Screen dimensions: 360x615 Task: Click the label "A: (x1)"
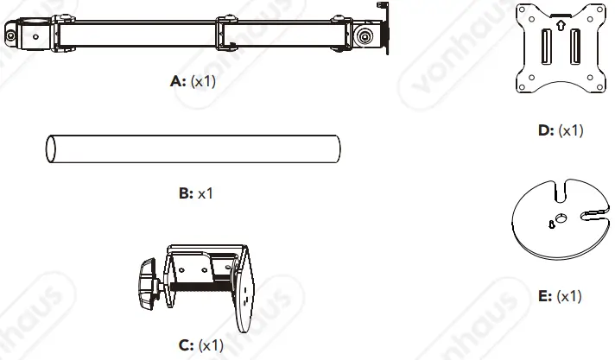point(194,83)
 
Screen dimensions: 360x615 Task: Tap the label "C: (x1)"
point(201,344)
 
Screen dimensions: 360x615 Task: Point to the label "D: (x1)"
point(560,130)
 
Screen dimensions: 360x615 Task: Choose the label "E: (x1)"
point(560,296)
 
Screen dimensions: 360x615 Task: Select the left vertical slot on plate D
point(545,47)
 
